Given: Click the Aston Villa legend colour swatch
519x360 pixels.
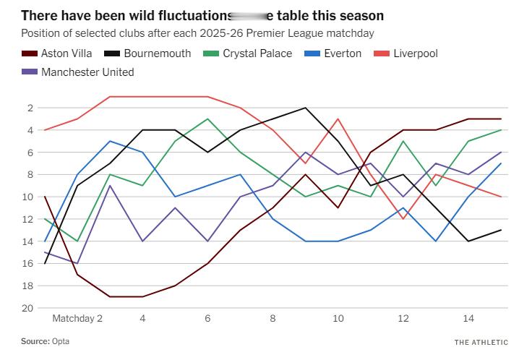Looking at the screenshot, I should tap(29, 53).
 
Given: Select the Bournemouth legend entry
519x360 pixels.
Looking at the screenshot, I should tap(157, 53).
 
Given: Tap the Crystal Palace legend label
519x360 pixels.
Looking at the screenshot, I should tap(257, 53).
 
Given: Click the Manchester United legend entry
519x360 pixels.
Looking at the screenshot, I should tap(87, 72).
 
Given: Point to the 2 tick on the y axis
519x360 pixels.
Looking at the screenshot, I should tap(29, 108).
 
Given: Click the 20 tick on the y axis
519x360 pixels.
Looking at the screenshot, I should tap(27, 308).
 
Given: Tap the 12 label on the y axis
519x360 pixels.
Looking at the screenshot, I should tap(27, 219).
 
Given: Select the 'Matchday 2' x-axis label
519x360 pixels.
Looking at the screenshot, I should tap(77, 318).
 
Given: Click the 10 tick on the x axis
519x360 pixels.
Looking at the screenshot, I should tap(338, 318).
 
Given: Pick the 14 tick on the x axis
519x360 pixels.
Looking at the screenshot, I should tap(468, 318).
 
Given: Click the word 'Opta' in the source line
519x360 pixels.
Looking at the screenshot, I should tap(61, 341).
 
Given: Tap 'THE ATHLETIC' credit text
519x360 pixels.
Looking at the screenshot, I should tap(481, 342).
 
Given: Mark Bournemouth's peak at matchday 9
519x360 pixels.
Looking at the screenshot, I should tap(305, 108).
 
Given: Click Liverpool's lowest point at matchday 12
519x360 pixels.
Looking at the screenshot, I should tap(403, 219).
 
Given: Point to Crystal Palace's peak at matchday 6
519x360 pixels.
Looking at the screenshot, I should tap(207, 119).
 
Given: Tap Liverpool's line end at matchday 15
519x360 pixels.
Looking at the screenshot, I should tap(501, 197).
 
